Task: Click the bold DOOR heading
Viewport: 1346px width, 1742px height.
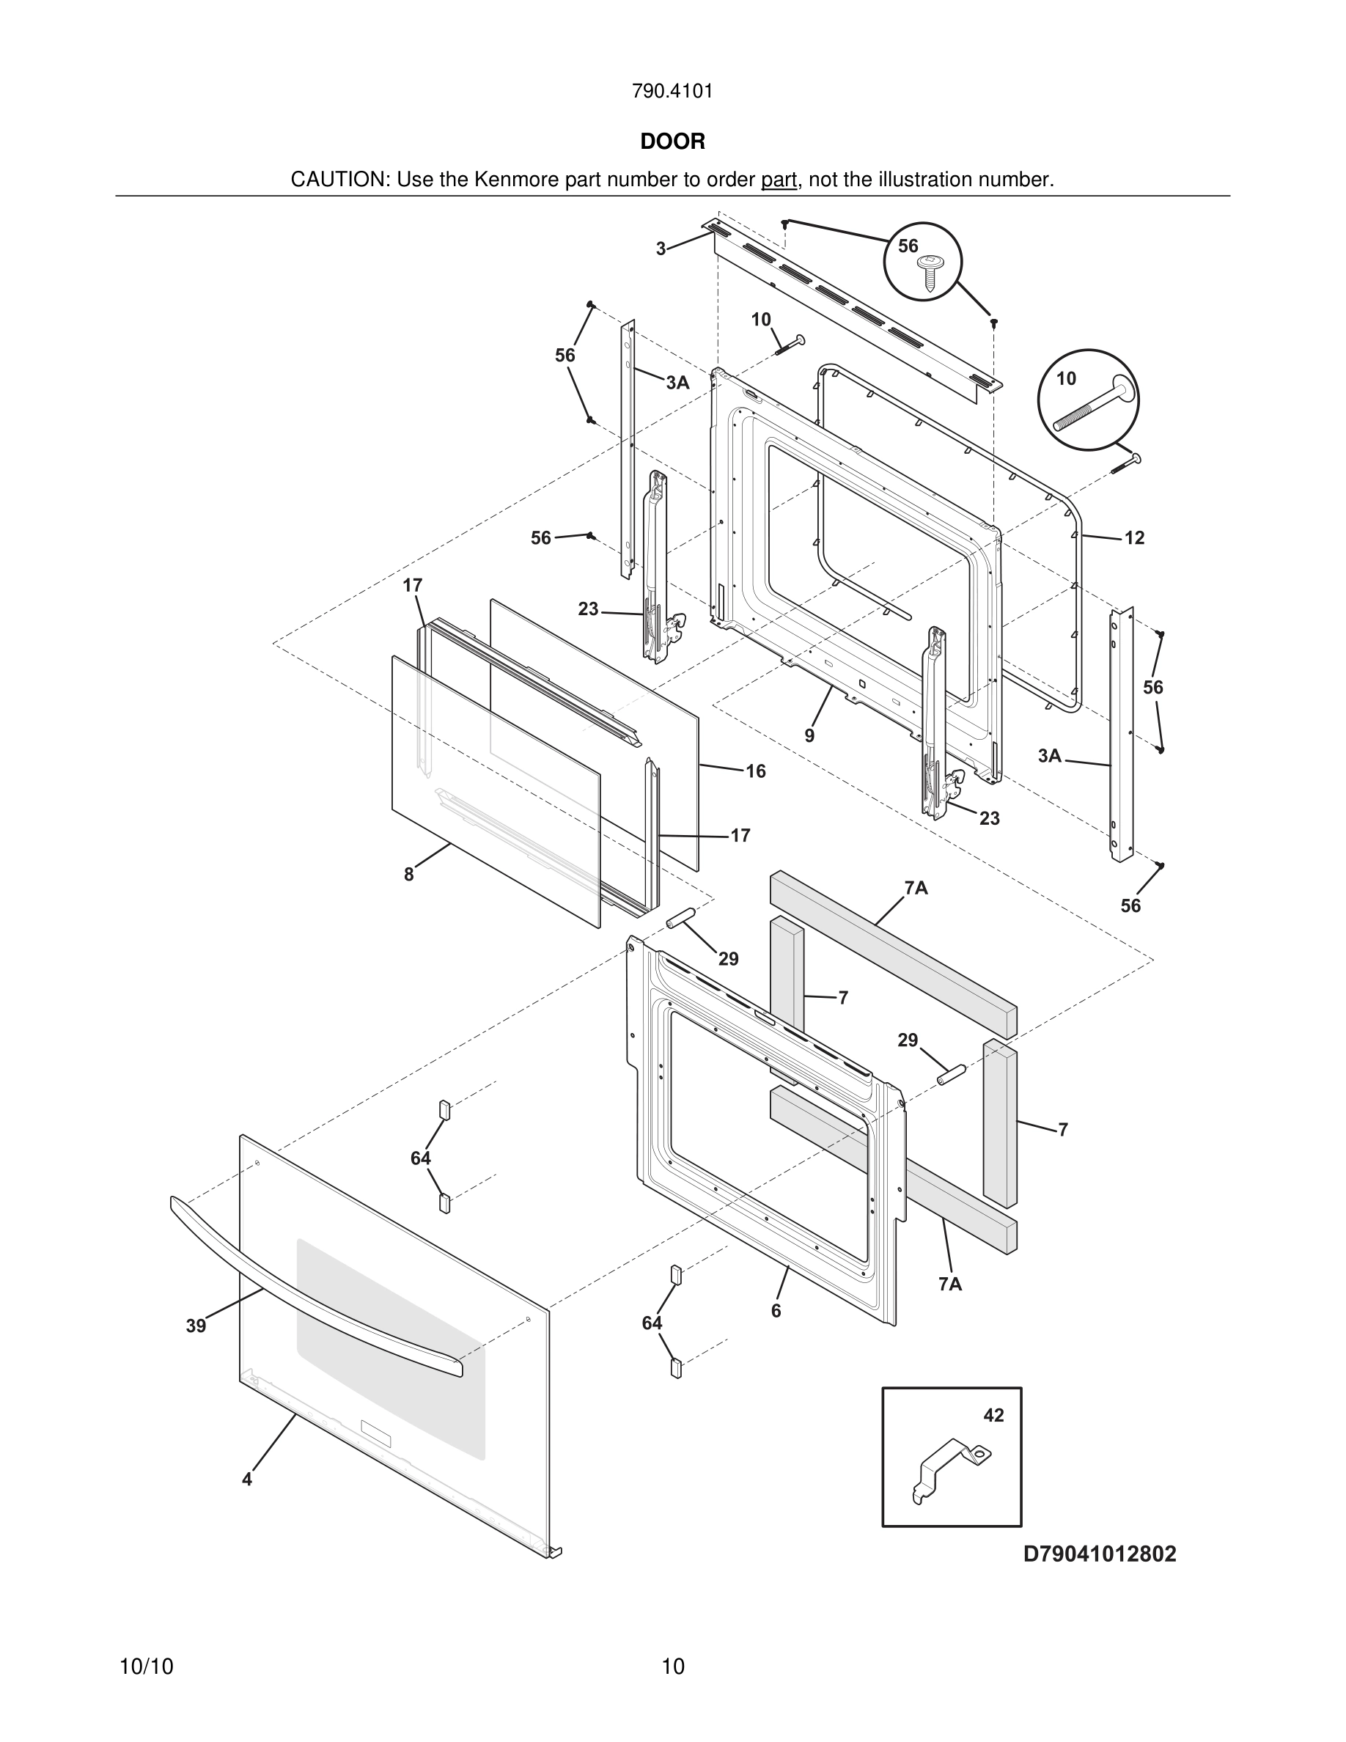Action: click(672, 142)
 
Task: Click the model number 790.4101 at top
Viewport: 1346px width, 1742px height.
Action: click(672, 92)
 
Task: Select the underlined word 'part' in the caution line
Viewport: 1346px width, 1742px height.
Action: click(779, 180)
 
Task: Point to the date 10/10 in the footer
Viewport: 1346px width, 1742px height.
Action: click(146, 1666)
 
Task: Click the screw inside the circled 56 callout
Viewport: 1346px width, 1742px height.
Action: click(928, 272)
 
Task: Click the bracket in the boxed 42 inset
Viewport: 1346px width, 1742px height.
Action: click(951, 1468)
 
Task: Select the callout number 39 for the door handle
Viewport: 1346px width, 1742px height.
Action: click(196, 1326)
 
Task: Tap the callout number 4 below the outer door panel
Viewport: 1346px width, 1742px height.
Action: click(247, 1480)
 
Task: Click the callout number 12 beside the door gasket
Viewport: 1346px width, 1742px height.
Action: click(1134, 538)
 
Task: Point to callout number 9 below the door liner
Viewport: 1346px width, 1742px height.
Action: click(809, 735)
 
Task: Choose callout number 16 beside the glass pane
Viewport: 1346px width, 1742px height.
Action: click(755, 771)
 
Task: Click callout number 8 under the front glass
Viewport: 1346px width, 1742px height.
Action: click(409, 875)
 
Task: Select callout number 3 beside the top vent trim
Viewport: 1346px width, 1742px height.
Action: click(661, 249)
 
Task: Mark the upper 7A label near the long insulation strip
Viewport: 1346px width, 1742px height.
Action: click(916, 888)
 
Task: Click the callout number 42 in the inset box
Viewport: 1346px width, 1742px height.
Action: click(993, 1416)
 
